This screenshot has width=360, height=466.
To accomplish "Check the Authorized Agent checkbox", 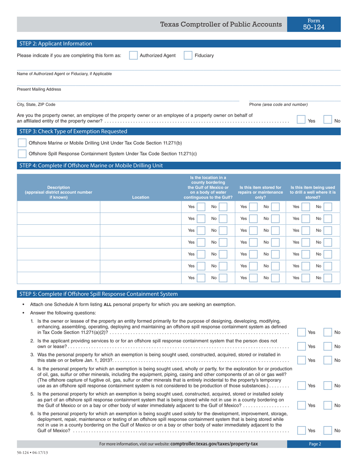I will (133, 56).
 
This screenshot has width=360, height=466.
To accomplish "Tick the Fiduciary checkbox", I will (188, 56).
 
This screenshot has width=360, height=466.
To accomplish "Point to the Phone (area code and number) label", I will (278, 105).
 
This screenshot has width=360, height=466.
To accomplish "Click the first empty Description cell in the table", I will (59, 207).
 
